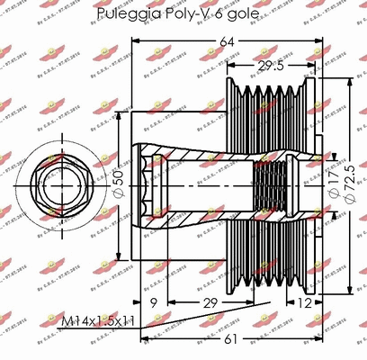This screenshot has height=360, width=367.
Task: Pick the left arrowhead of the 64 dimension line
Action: pyautogui.click(x=136, y=41)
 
